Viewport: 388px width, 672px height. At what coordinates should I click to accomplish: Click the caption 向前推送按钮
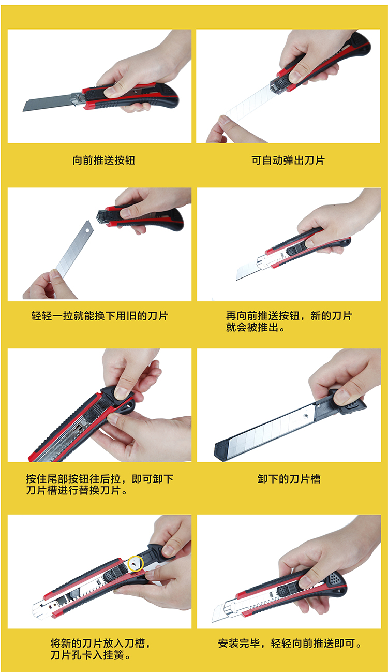(103, 160)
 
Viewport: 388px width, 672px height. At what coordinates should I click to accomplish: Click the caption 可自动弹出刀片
(288, 160)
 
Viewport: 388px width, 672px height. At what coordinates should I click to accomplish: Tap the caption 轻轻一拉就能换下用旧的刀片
(99, 316)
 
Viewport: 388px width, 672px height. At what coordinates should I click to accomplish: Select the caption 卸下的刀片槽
(289, 478)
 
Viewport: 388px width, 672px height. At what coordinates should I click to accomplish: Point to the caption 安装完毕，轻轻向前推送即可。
(291, 643)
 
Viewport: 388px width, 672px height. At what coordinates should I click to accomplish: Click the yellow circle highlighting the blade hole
(136, 563)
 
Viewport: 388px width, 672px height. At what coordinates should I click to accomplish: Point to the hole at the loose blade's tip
(87, 230)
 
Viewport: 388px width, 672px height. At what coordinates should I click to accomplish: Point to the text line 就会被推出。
(256, 327)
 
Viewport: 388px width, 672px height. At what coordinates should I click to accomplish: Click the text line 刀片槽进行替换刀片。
(77, 490)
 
